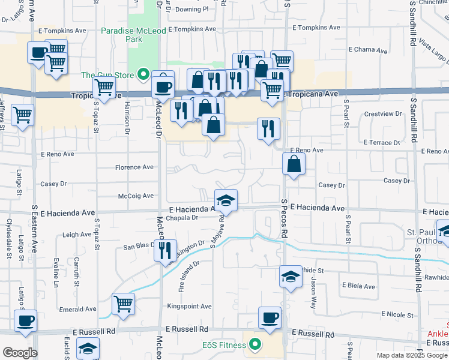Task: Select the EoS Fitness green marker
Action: click(255, 345)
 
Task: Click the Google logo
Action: click(20, 353)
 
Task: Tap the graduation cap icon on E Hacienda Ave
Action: click(226, 200)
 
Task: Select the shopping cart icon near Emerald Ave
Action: click(123, 304)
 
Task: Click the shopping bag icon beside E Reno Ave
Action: click(294, 164)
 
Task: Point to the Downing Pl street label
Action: click(191, 9)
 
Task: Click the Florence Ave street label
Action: click(134, 167)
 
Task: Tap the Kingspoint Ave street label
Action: click(189, 307)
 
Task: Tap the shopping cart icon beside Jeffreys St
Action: click(23, 114)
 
